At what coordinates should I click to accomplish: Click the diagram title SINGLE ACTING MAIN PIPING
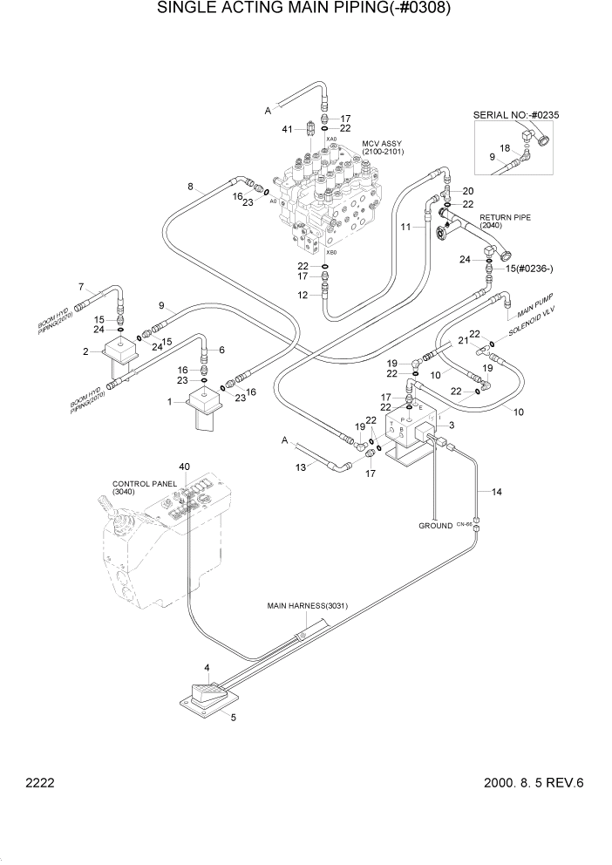(304, 10)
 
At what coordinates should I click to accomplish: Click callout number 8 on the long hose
(190, 186)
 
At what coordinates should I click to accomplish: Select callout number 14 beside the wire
(496, 493)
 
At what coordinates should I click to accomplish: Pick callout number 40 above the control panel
(184, 467)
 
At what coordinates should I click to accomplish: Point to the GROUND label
(435, 526)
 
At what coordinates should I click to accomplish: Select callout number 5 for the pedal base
(233, 717)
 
